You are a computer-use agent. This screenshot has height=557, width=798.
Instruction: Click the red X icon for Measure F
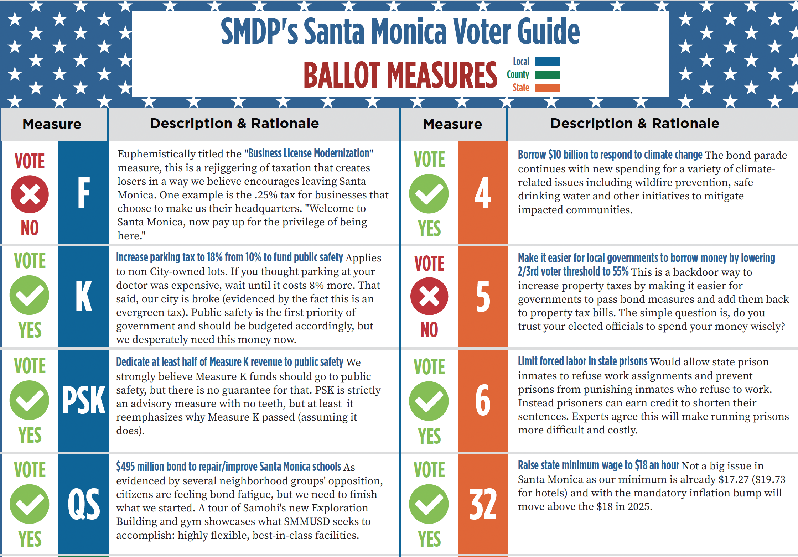point(30,194)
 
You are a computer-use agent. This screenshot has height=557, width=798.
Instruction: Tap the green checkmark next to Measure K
point(30,295)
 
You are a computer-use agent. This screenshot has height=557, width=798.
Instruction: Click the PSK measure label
point(84,400)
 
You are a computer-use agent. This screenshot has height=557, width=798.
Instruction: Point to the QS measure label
point(84,504)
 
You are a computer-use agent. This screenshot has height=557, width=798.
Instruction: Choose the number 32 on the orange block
point(483,504)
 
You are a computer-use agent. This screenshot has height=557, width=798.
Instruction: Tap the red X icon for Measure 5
point(429,296)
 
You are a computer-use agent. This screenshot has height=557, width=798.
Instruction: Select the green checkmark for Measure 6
point(429,401)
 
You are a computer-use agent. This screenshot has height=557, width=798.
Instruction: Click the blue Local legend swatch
point(547,62)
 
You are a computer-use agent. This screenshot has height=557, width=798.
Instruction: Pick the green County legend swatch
point(547,75)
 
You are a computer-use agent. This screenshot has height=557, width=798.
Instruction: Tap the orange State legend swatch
point(547,88)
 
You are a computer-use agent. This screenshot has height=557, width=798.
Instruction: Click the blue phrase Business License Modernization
point(309,153)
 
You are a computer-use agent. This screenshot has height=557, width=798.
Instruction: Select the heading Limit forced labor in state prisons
point(582,361)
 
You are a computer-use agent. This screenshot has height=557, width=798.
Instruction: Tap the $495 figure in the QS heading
point(125,467)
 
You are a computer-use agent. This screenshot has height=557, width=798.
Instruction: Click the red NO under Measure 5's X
point(429,330)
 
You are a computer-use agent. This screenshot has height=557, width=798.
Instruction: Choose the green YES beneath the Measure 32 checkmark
point(429,539)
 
